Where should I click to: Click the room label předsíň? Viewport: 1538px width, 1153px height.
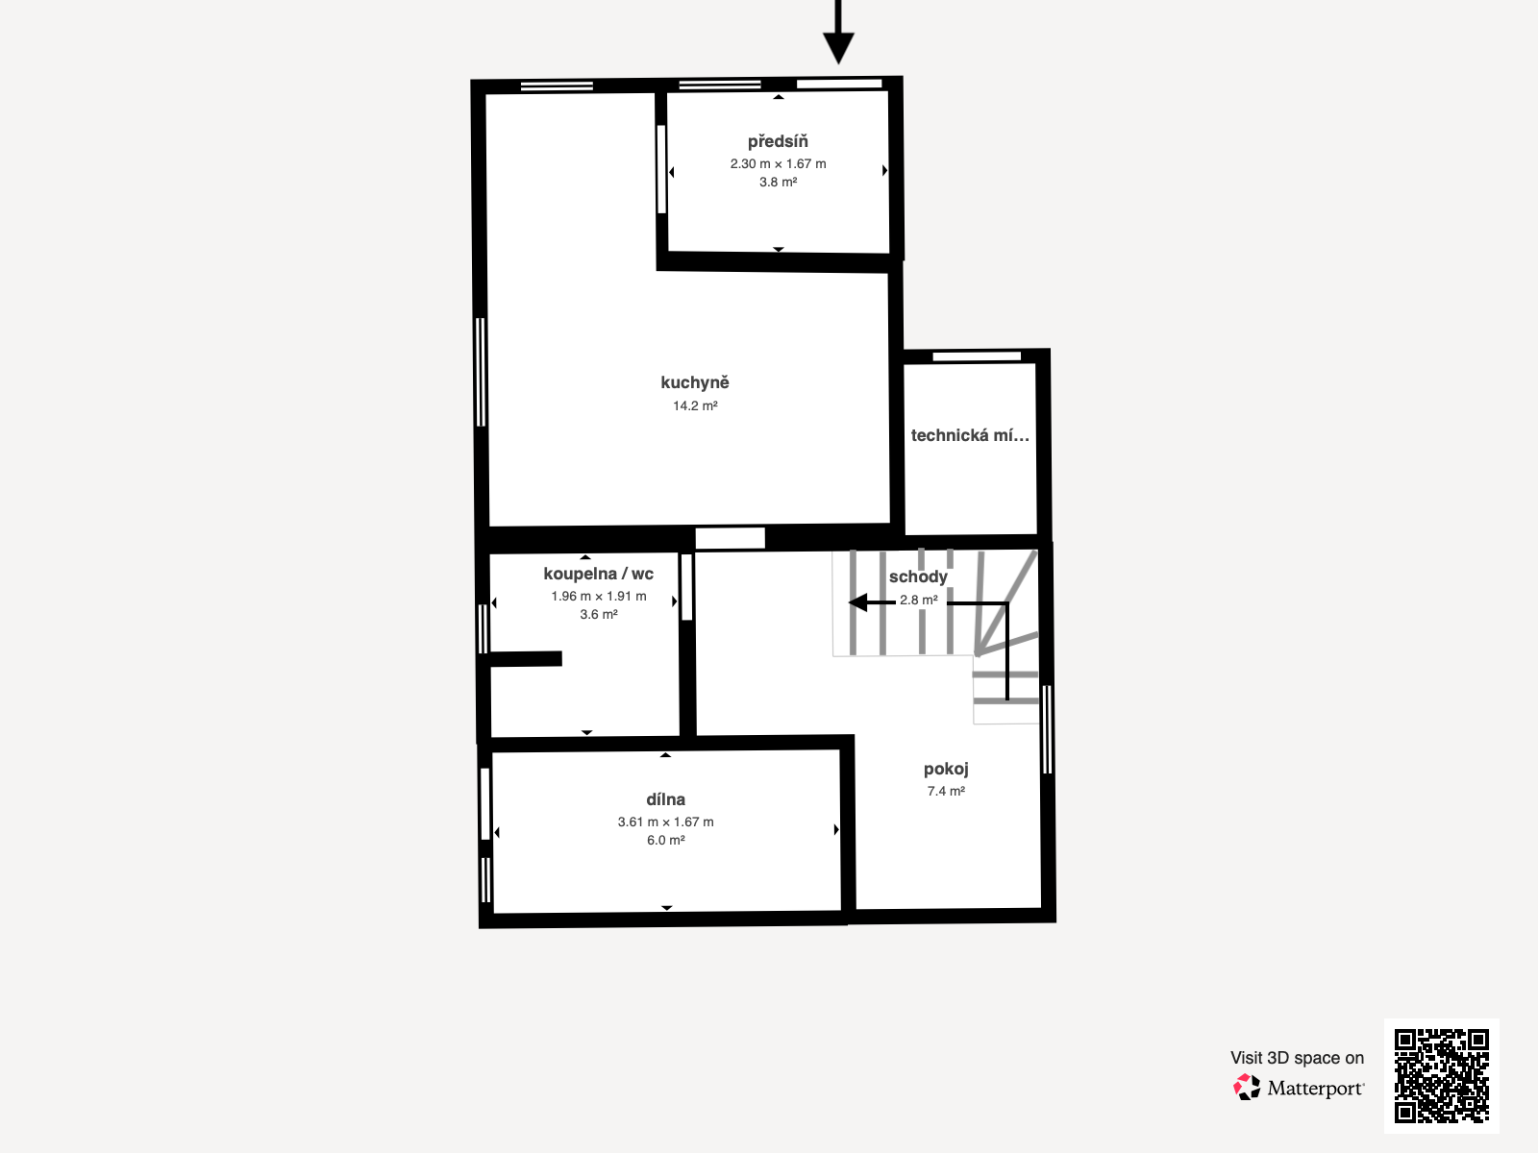coord(778,142)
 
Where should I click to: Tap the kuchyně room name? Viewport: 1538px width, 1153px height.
coord(695,382)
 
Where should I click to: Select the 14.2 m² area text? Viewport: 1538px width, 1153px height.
coord(695,406)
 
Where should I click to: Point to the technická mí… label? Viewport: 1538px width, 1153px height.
coord(970,435)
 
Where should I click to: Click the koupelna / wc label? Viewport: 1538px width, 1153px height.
coord(598,574)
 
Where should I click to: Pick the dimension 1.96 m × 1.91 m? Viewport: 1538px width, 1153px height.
coord(598,597)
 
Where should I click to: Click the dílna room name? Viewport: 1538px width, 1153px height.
coord(665,799)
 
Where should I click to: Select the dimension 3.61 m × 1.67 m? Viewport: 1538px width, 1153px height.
coord(665,822)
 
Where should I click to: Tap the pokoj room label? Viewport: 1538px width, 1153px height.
coord(946,769)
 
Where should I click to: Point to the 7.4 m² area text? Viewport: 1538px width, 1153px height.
coord(946,792)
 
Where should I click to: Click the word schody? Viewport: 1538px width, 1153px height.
coord(918,576)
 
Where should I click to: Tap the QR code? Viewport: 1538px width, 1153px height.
coord(1441,1075)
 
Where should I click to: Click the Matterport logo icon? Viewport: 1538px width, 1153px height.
coord(1247,1087)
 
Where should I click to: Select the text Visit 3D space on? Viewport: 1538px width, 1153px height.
coord(1297,1058)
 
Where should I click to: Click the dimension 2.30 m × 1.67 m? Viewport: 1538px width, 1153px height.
coord(778,164)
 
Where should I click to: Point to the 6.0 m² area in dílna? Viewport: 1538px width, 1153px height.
coord(665,841)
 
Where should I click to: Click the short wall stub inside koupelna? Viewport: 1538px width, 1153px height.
coord(525,659)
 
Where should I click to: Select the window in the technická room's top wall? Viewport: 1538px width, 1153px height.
coord(977,356)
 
